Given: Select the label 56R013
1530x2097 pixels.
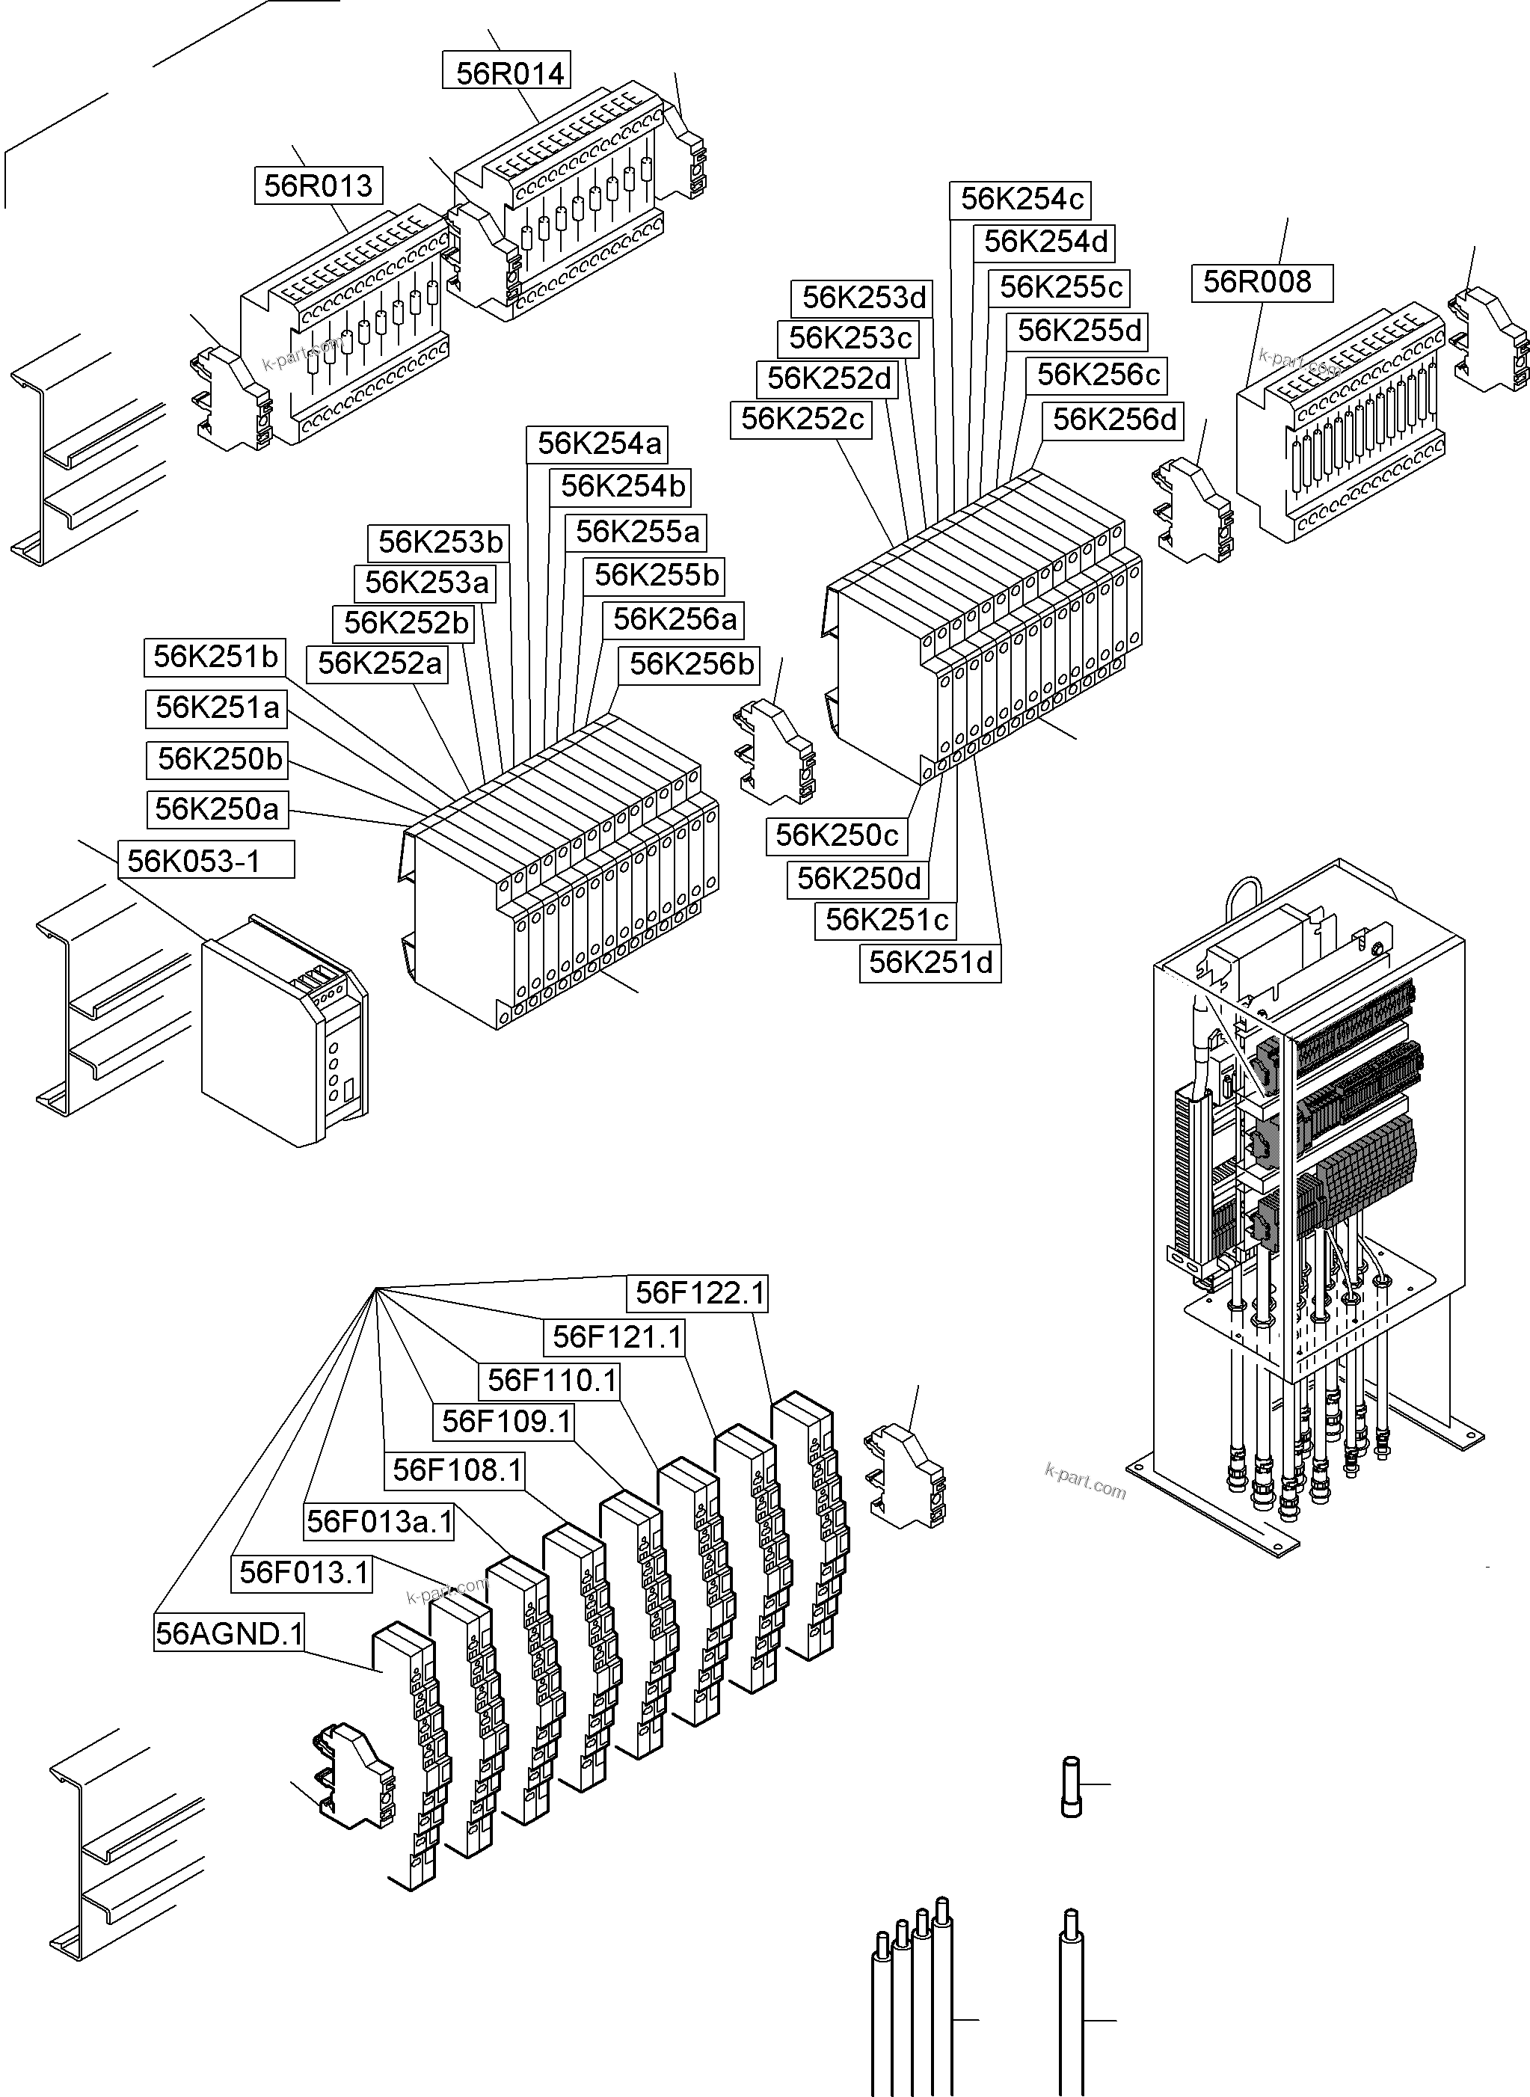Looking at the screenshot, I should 319,185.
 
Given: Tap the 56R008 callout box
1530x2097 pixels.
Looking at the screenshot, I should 1262,282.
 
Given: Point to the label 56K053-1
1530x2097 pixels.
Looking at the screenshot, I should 206,861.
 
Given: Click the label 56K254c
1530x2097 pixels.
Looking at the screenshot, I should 1021,199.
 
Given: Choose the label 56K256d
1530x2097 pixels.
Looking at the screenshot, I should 1114,420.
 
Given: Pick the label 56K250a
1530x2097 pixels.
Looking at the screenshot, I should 217,808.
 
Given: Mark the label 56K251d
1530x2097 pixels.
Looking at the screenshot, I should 930,962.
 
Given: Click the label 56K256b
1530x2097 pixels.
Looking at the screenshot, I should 691,664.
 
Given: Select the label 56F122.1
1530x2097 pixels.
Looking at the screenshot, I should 700,1293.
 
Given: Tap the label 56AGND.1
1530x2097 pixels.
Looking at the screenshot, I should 230,1633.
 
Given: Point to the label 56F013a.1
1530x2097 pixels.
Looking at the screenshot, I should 380,1522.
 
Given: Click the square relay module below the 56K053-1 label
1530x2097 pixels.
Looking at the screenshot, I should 283,1029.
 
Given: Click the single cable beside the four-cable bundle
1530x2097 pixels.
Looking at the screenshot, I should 1072,2001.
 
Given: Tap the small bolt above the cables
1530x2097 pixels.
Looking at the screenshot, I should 1071,1786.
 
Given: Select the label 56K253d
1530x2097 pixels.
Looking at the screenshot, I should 862,298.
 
